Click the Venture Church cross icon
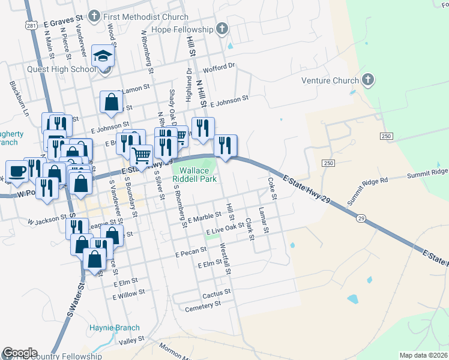(368, 80)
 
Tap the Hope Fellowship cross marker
(222, 29)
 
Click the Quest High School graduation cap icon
(103, 57)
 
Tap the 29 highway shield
(360, 217)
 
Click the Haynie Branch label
(114, 328)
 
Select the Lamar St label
(262, 217)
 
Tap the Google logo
(20, 353)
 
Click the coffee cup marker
(17, 170)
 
